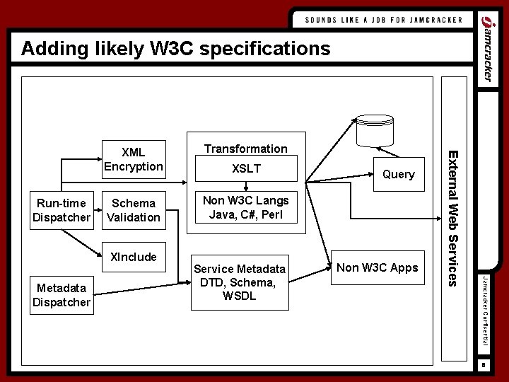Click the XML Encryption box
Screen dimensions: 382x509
pyautogui.click(x=133, y=159)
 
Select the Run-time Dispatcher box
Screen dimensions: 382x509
pyautogui.click(x=62, y=210)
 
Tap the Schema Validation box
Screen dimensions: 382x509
pyautogui.click(x=133, y=210)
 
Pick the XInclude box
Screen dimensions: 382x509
pyautogui.click(x=133, y=256)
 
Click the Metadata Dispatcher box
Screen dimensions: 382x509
pyautogui.click(x=62, y=295)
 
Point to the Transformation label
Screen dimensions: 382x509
pyautogui.click(x=245, y=149)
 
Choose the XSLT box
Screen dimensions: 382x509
pyautogui.click(x=246, y=169)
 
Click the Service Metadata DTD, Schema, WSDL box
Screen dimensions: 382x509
pyautogui.click(x=240, y=282)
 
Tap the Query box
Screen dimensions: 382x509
pyautogui.click(x=398, y=174)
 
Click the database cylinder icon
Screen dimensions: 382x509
pyautogui.click(x=375, y=127)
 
